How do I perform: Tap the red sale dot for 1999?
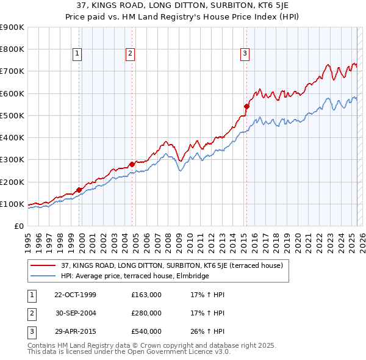tap(79, 190)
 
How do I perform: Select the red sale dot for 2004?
tap(132, 164)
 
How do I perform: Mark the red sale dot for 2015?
tap(247, 106)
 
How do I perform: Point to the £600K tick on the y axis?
tap(12, 93)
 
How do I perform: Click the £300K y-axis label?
tap(12, 160)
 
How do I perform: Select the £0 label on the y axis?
tap(19, 226)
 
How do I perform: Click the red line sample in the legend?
tap(43, 266)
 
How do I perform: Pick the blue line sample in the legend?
tap(43, 276)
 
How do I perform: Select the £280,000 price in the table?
tap(146, 313)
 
